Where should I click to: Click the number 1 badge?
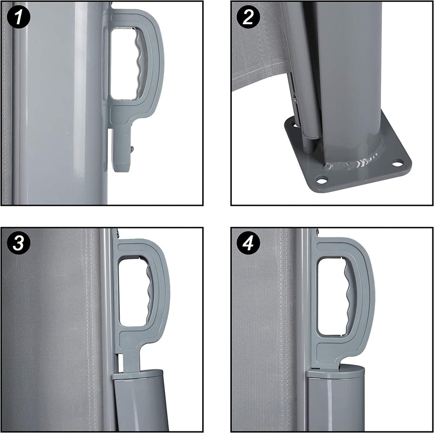[x=19, y=17]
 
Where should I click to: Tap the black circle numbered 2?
[x=248, y=17]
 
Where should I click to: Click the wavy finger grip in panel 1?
[x=140, y=63]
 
